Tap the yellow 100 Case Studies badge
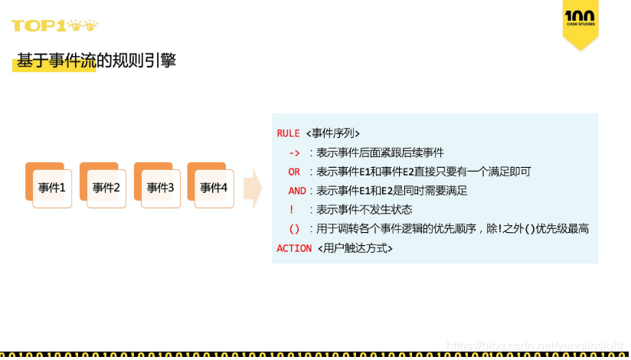click(x=580, y=21)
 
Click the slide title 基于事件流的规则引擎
click(x=96, y=61)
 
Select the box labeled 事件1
click(x=52, y=188)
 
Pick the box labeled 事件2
click(x=106, y=188)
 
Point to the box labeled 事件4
click(x=214, y=188)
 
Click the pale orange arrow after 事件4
click(x=252, y=188)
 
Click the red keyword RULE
click(x=288, y=133)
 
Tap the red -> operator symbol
click(x=294, y=152)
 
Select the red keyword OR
click(x=294, y=172)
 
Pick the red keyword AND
click(x=297, y=191)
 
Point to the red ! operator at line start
click(x=292, y=210)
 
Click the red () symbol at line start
click(x=294, y=229)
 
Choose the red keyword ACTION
click(x=294, y=248)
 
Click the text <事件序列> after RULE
click(x=332, y=133)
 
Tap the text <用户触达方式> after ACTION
click(x=355, y=248)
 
